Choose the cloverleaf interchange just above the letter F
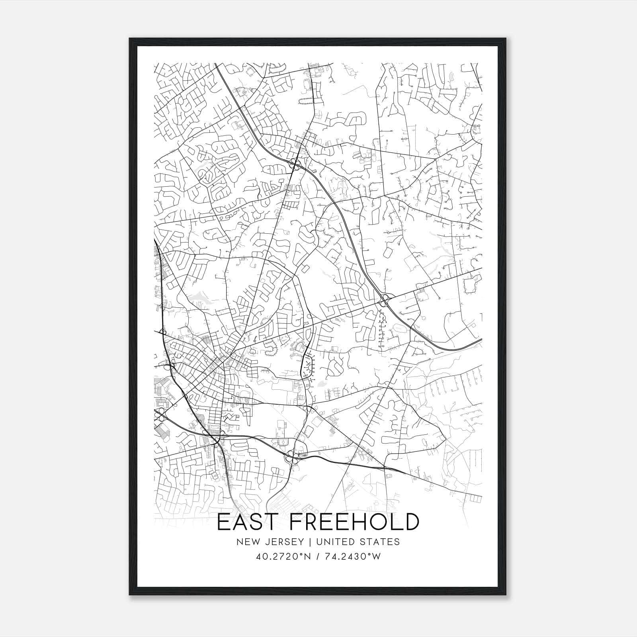point(293,457)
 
